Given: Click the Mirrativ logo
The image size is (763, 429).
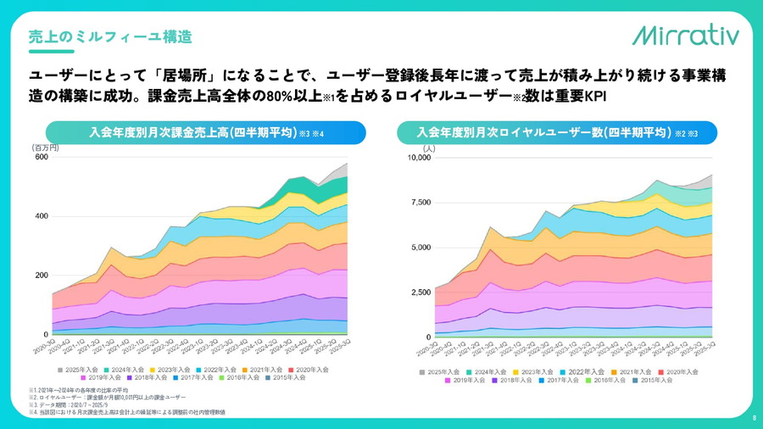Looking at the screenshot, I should point(685,35).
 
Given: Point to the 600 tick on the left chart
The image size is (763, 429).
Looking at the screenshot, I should point(41,157).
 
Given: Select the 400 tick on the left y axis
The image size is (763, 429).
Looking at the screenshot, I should point(41,216).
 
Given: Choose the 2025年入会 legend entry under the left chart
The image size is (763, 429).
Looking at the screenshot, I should point(81,370).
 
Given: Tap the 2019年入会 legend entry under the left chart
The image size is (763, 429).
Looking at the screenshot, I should point(81,378).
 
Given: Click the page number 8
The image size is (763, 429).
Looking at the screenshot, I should point(753,418).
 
